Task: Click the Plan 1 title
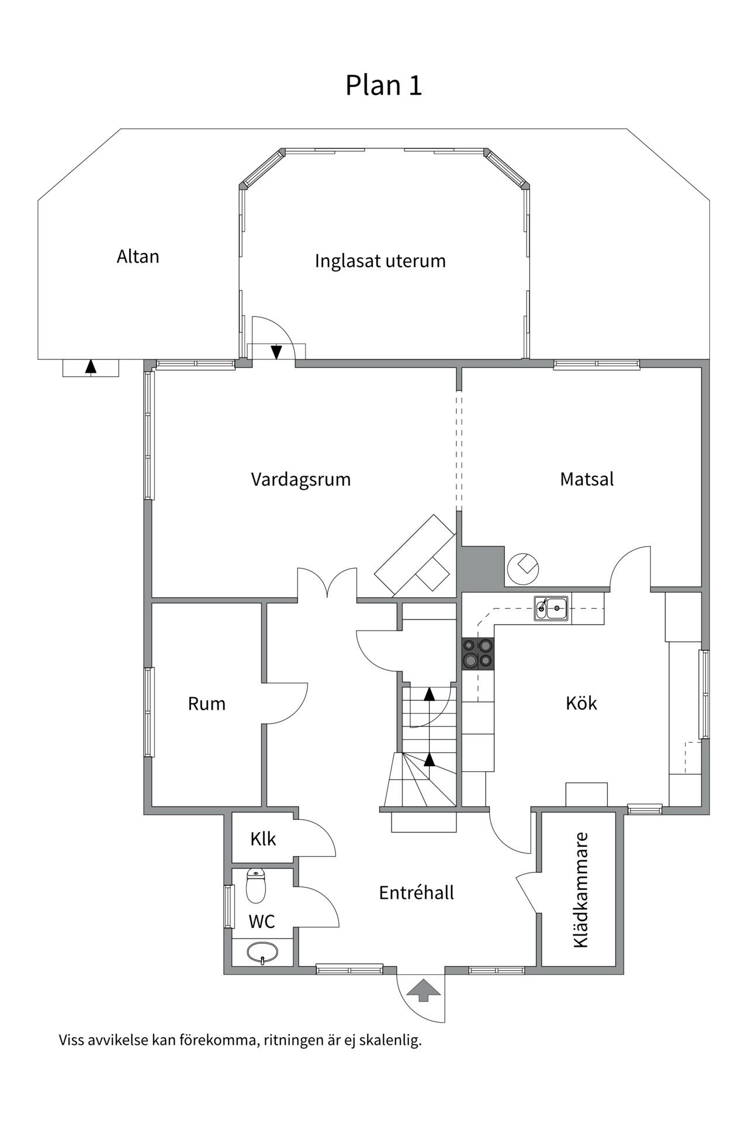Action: click(x=383, y=85)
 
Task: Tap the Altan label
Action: click(x=138, y=257)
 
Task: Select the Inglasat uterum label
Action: click(x=380, y=261)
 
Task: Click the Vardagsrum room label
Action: click(x=300, y=479)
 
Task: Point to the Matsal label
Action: click(x=587, y=479)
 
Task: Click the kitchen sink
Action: click(x=551, y=608)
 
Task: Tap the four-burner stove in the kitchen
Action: click(x=477, y=653)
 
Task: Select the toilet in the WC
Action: click(x=256, y=885)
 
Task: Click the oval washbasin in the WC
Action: click(x=262, y=953)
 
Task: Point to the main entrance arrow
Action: click(x=423, y=990)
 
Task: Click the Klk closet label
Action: click(x=263, y=839)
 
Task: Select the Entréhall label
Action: click(x=416, y=893)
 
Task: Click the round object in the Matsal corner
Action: click(x=522, y=568)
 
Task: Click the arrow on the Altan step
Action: click(x=91, y=367)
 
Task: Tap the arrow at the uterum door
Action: click(x=276, y=352)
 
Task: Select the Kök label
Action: click(x=581, y=703)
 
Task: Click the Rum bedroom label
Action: click(x=206, y=704)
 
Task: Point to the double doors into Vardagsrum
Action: click(x=327, y=584)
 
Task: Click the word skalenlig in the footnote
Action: click(x=390, y=1040)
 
